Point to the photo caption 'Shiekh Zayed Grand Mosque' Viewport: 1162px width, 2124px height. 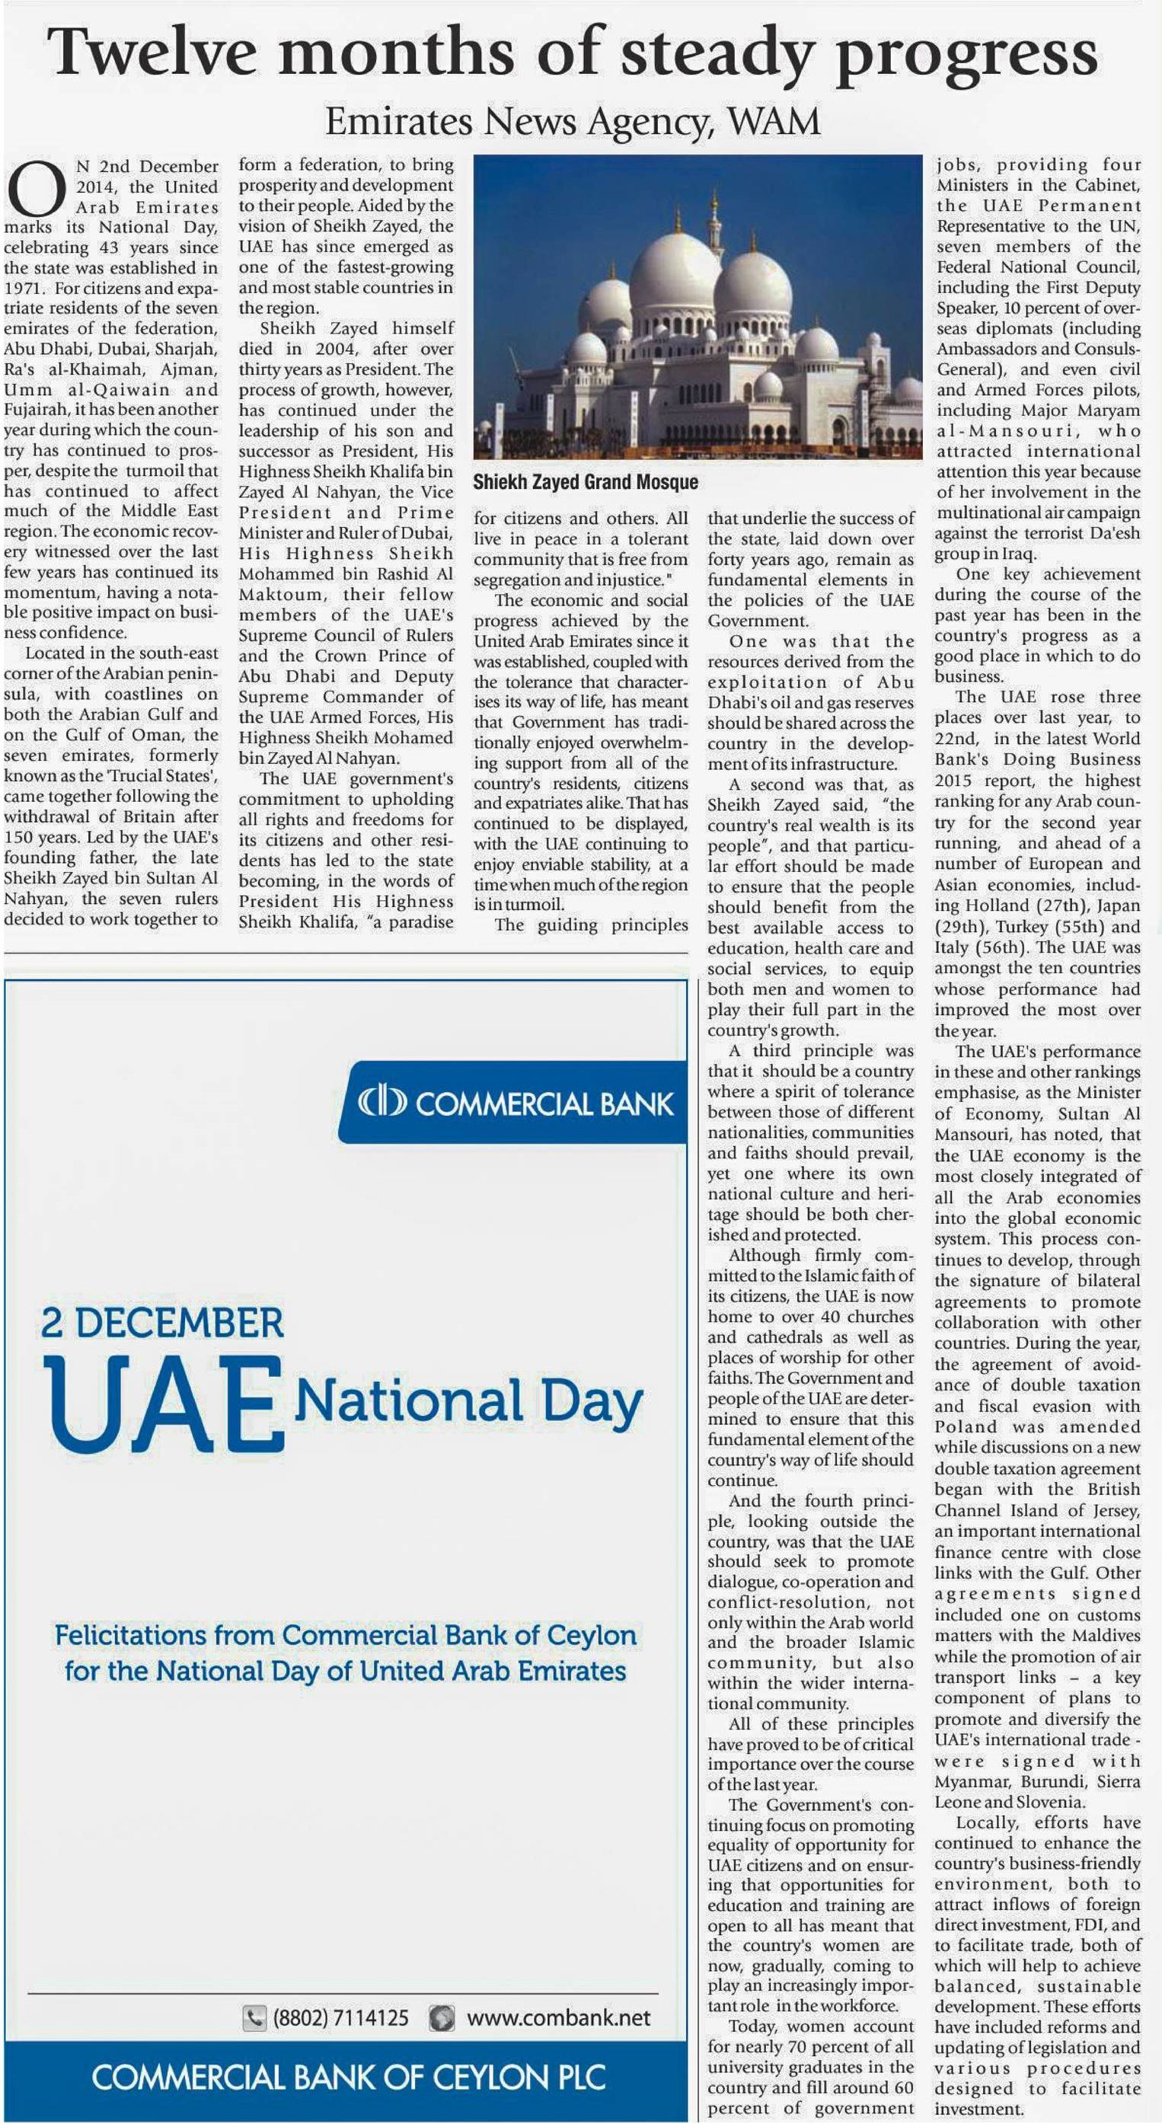(586, 481)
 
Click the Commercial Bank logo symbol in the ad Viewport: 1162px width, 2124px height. (381, 1103)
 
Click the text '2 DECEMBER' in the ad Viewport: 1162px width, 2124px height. (161, 1322)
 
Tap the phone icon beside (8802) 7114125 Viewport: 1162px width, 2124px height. (254, 2017)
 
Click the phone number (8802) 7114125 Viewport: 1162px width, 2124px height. (340, 2017)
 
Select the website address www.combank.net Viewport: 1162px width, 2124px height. (558, 2017)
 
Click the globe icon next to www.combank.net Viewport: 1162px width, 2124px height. (443, 2017)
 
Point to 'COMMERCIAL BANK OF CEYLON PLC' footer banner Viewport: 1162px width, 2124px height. (348, 2077)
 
